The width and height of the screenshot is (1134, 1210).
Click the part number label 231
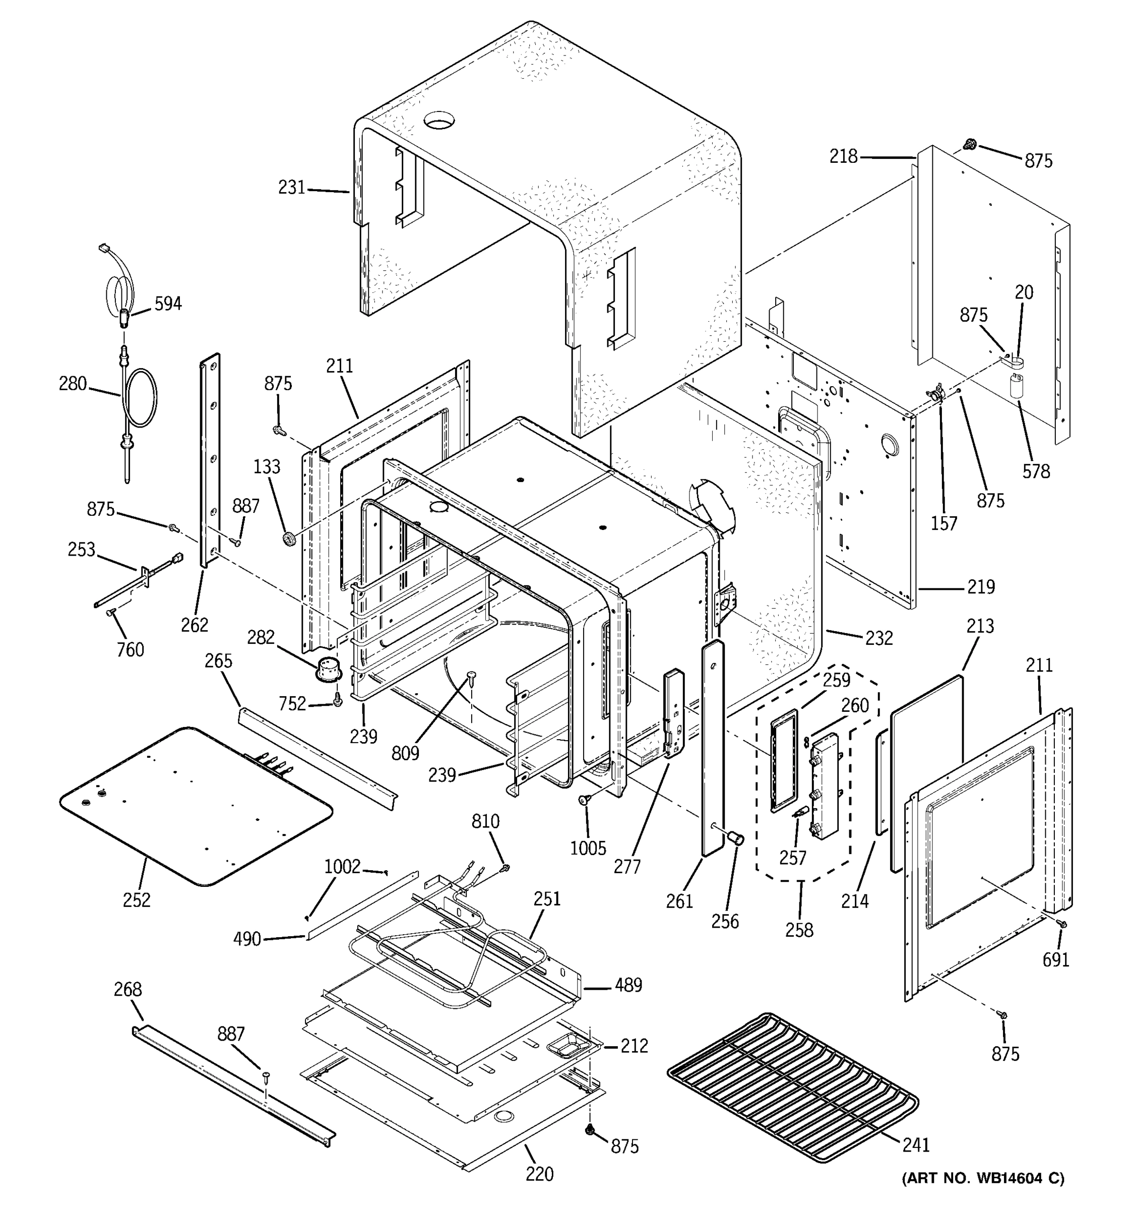click(291, 188)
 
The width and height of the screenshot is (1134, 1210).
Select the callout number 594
click(167, 303)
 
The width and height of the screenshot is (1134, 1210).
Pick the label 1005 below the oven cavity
click(588, 849)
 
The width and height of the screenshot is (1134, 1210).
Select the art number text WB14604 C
click(982, 1178)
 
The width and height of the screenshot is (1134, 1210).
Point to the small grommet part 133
click(288, 538)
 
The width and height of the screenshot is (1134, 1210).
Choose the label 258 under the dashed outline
click(799, 930)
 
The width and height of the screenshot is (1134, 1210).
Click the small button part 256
click(735, 839)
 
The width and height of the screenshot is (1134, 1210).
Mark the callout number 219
click(981, 587)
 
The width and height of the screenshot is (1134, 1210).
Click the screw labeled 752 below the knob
click(338, 702)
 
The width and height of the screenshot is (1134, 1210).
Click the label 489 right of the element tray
click(628, 985)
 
